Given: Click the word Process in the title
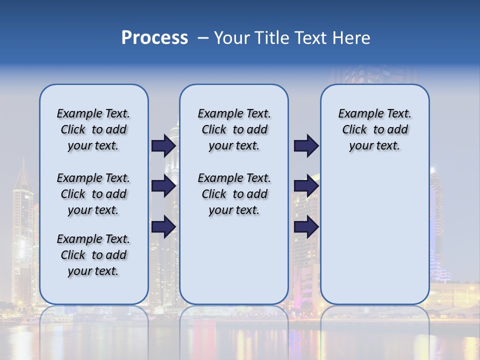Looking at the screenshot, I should click(x=154, y=37).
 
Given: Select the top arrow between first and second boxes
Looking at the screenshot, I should click(x=163, y=145).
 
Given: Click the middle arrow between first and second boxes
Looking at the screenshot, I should click(x=163, y=186).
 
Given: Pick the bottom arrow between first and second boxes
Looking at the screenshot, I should click(x=163, y=227).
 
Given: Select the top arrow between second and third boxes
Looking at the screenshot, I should click(x=306, y=145).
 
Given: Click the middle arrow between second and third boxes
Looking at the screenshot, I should click(x=306, y=186).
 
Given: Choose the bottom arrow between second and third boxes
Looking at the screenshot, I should click(x=306, y=227).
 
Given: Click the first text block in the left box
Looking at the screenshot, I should click(x=93, y=129).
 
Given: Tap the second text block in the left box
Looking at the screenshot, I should click(x=93, y=194).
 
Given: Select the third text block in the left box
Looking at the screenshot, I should click(x=93, y=255).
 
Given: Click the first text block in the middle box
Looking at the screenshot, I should click(x=234, y=129).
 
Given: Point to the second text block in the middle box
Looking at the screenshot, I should click(x=234, y=194).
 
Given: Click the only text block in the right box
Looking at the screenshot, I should click(x=374, y=129).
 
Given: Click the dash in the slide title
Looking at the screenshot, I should click(x=203, y=38).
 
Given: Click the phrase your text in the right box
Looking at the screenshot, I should click(x=374, y=146).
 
